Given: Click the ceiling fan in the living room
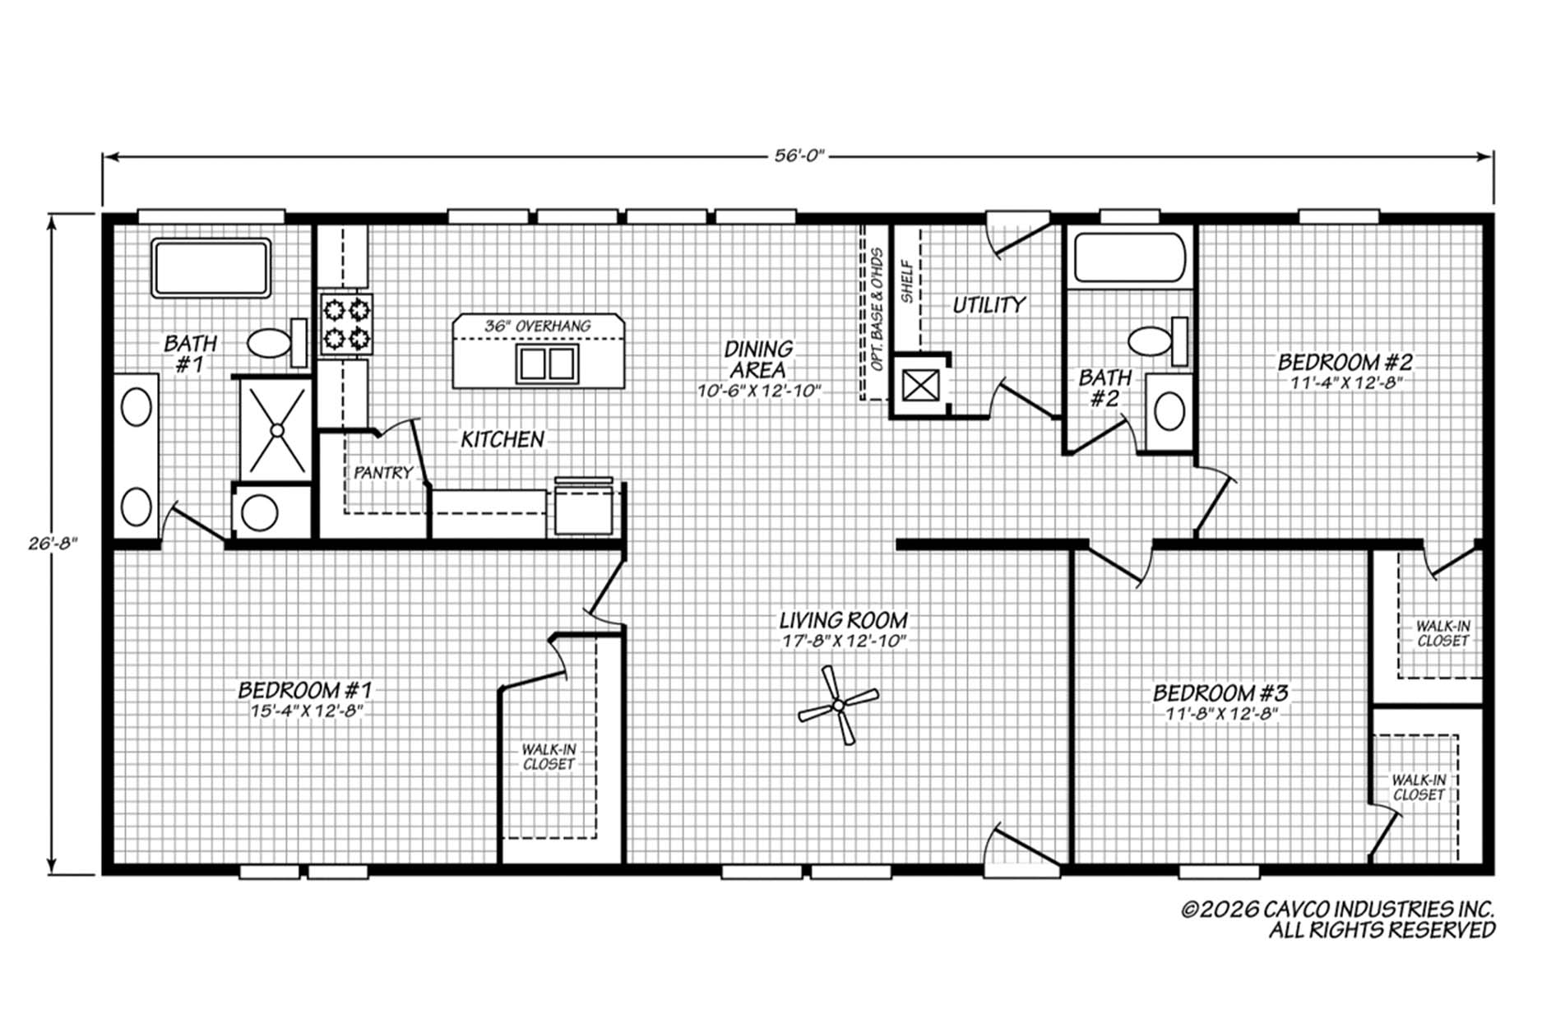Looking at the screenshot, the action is point(838,705).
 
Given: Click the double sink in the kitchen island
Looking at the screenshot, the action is point(547,363).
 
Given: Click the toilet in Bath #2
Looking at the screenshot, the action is point(1158,340).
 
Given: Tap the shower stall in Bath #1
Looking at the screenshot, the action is point(276,428).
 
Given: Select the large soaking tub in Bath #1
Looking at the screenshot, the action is point(211,268).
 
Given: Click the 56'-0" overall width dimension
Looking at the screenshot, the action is point(799,156).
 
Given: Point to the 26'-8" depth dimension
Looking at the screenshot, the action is point(52,543).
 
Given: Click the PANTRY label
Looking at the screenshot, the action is point(383,473).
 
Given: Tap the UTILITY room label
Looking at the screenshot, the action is point(989,305).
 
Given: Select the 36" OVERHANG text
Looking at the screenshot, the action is point(537,326).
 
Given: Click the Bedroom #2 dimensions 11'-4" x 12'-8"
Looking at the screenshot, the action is point(1345,382).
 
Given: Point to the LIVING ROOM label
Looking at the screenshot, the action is point(844,619).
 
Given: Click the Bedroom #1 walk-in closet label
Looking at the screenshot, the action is point(549,757).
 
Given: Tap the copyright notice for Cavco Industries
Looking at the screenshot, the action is point(1338,919).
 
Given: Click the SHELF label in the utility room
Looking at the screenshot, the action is point(907,282).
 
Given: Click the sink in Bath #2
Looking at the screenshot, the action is point(1169,411).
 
